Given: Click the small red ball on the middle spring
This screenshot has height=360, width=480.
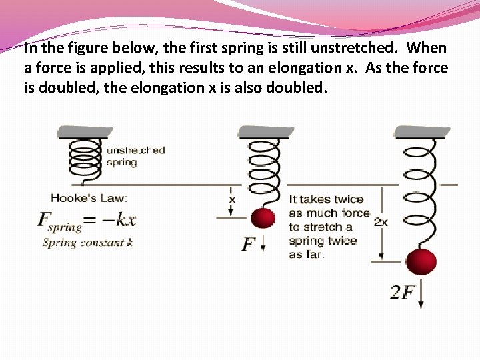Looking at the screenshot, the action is [x=263, y=218].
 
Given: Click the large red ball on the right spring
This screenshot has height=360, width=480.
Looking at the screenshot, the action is [x=421, y=262].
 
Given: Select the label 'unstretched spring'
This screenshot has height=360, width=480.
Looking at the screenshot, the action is [x=135, y=156].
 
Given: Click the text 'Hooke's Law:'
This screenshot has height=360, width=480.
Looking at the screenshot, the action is [x=89, y=197].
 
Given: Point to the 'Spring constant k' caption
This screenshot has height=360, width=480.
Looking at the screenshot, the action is [x=87, y=243].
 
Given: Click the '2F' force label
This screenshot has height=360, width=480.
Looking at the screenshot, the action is [x=402, y=292].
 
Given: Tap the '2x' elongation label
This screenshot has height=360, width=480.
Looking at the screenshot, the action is [x=381, y=222].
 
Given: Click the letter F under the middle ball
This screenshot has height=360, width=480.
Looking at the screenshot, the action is [x=249, y=244].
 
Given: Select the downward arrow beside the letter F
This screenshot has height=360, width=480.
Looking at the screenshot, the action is [x=263, y=245].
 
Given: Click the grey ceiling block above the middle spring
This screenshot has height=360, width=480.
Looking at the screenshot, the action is [x=265, y=131].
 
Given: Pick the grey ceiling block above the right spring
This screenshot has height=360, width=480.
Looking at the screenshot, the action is [x=422, y=131].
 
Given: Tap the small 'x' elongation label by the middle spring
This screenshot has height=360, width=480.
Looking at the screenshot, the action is [x=232, y=199].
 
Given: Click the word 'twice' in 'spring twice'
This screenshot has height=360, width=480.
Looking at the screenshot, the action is [x=342, y=241].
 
